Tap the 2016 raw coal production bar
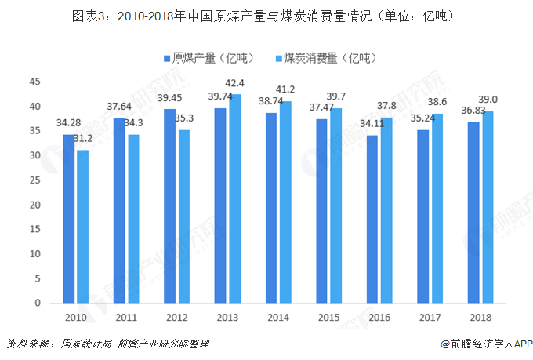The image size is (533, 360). tap(373, 219)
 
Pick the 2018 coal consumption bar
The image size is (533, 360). tap(488, 207)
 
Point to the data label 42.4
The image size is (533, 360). tap(235, 83)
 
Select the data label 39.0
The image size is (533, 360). tap(488, 100)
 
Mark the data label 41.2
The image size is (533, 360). tap(285, 89)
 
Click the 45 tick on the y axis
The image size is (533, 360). tap(34, 82)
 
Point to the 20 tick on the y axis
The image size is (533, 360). tap(34, 205)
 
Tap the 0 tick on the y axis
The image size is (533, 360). tap(37, 303)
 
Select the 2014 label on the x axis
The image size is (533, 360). tap(278, 317)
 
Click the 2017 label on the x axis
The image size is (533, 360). tap(430, 317)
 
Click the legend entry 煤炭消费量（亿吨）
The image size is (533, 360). tap(323, 58)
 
